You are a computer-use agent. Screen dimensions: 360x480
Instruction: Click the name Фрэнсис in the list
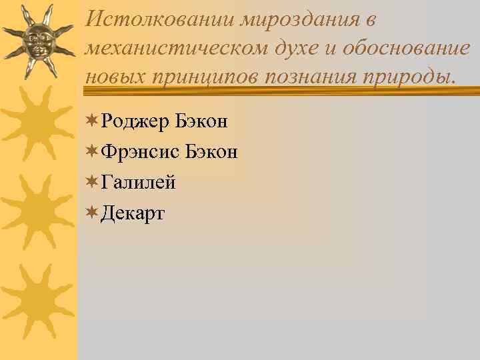[141, 152]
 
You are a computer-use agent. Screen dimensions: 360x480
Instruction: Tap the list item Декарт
[133, 213]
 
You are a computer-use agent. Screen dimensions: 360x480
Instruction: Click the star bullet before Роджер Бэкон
[93, 121]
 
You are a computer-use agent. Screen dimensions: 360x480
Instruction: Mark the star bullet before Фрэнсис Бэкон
[93, 151]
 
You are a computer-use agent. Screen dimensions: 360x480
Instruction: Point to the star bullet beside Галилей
[93, 181]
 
